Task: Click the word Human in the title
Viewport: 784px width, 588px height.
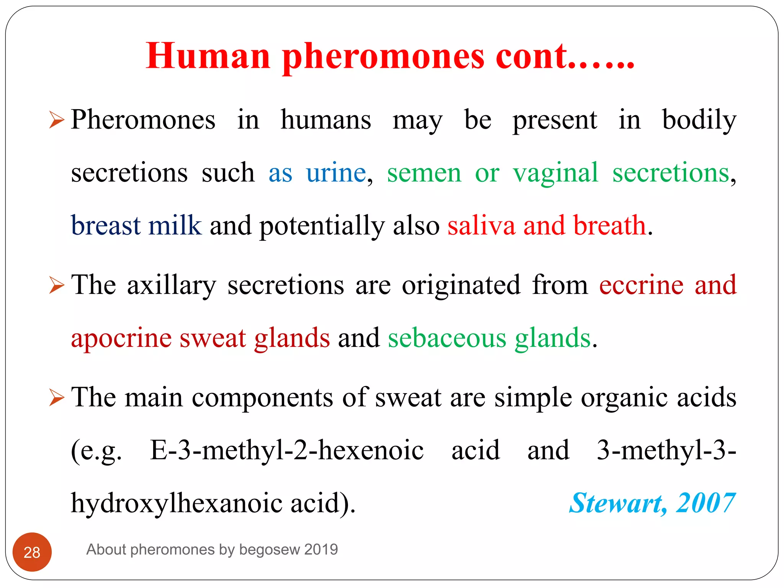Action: (208, 56)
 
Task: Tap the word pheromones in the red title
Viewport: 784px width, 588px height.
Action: (383, 57)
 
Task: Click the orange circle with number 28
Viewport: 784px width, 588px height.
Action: (32, 552)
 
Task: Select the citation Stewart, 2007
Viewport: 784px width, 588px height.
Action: (652, 503)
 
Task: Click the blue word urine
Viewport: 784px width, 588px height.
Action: (336, 173)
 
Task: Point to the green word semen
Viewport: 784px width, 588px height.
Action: (424, 173)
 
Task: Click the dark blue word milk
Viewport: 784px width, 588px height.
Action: (175, 225)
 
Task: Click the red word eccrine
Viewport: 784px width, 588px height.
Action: (641, 285)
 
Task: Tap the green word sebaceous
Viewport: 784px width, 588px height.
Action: (447, 338)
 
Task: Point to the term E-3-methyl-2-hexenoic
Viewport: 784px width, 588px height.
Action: (287, 450)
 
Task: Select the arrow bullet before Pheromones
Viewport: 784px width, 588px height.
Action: (57, 120)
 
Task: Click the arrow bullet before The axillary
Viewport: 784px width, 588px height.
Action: (57, 286)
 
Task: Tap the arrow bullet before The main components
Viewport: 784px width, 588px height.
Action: (57, 398)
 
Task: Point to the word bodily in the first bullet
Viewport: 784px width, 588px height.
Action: (699, 120)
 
